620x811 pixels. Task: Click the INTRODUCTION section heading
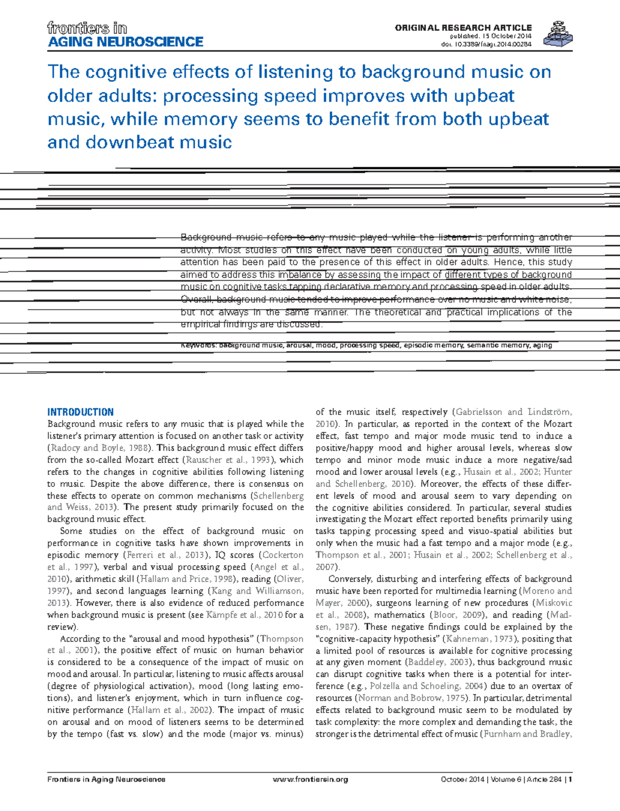80,412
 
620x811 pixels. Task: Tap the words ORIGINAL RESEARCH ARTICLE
463,27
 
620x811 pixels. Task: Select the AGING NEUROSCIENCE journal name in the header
125,42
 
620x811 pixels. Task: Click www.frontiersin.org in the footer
310,780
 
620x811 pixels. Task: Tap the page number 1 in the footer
570,780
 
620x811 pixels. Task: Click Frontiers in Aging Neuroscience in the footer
106,780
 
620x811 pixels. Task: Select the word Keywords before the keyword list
198,345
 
